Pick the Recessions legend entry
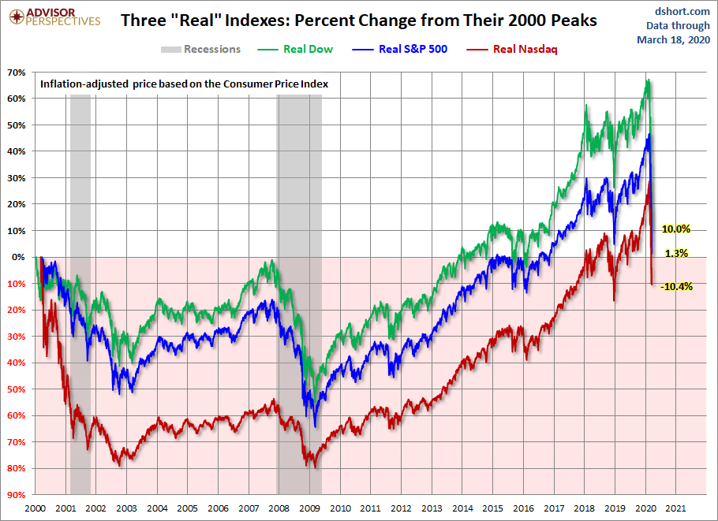(201, 49)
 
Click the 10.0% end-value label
(676, 229)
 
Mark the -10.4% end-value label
(677, 286)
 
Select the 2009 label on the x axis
(310, 509)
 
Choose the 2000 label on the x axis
(35, 509)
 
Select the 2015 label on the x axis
(493, 509)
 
